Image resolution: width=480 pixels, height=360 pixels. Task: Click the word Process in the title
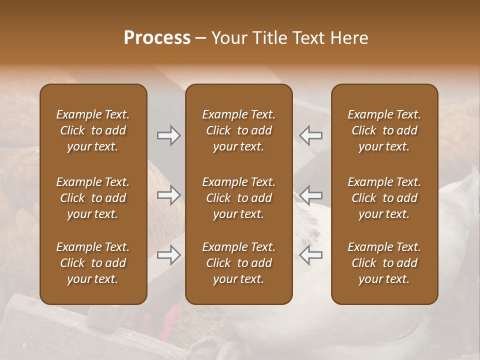coord(157,38)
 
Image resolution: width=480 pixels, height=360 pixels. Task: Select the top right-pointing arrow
coord(168,135)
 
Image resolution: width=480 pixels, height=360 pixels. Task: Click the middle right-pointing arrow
coord(168,194)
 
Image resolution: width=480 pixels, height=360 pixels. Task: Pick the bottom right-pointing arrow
coord(168,255)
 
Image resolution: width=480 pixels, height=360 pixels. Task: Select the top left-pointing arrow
coord(310,135)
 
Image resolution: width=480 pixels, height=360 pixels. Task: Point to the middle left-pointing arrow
coord(310,194)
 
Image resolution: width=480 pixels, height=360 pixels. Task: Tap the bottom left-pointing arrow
coord(310,255)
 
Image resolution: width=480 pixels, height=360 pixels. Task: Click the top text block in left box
coord(93,130)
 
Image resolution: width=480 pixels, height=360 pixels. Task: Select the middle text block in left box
coord(93,198)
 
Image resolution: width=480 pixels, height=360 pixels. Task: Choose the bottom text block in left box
coord(93,263)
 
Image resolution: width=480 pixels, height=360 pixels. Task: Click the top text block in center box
coord(239,130)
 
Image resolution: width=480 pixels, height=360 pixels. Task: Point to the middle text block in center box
coord(239,198)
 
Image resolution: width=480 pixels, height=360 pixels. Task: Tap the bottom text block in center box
coord(239,263)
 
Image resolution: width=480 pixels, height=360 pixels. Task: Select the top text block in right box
coord(384,130)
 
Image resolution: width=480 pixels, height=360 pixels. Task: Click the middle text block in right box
coord(384,198)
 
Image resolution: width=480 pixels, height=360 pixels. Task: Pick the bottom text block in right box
coord(384,263)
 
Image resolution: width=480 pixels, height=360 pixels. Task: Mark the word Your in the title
coord(228,38)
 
